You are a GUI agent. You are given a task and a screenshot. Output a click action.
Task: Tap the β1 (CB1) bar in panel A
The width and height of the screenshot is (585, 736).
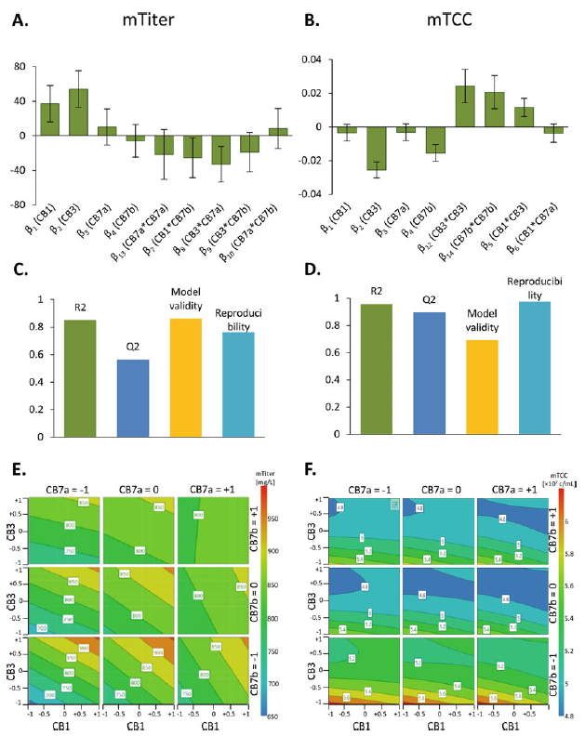[x=49, y=119]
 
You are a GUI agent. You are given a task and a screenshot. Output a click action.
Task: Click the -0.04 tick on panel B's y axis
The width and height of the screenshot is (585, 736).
[x=313, y=194]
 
